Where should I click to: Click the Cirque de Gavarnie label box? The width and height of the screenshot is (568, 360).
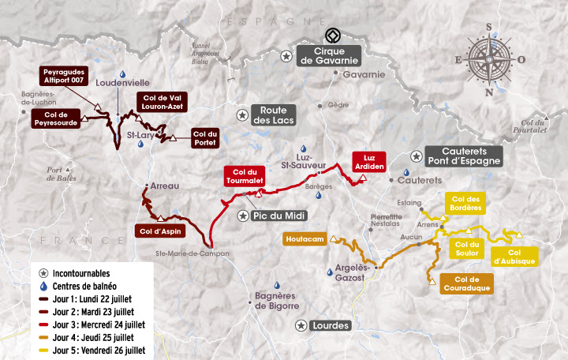coord(330,56)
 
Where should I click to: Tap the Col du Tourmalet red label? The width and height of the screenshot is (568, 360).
coord(244,176)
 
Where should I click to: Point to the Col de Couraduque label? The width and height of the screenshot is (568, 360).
coord(469,283)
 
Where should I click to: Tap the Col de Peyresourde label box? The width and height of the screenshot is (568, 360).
coord(54,118)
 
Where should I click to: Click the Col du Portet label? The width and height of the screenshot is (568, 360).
coord(204,138)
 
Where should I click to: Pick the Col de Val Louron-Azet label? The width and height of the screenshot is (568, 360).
coord(161,103)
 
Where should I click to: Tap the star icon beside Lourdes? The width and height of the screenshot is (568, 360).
coord(301,325)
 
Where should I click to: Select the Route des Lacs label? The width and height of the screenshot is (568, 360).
coord(273,115)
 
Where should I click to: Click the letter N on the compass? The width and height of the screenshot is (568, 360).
coord(489,92)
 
